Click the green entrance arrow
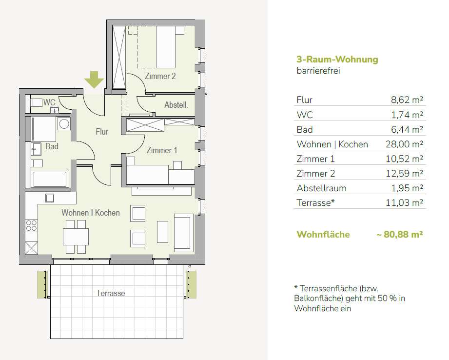tap(94, 80)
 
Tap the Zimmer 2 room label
tap(160, 76)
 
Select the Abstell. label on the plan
tap(176, 105)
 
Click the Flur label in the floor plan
tap(102, 132)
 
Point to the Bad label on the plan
tap(52, 146)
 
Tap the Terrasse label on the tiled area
tap(111, 293)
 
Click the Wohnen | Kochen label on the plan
tap(91, 213)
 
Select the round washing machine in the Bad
tap(64, 124)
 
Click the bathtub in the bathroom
tap(50, 179)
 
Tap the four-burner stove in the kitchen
tap(31, 225)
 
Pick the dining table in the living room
tap(76, 237)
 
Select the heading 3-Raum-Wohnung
tap(337, 60)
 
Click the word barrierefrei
tap(318, 71)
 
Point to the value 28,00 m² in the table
tap(404, 144)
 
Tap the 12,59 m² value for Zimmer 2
tap(404, 173)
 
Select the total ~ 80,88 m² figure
tap(400, 235)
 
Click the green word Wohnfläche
tap(323, 235)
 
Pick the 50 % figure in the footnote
tap(387, 298)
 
